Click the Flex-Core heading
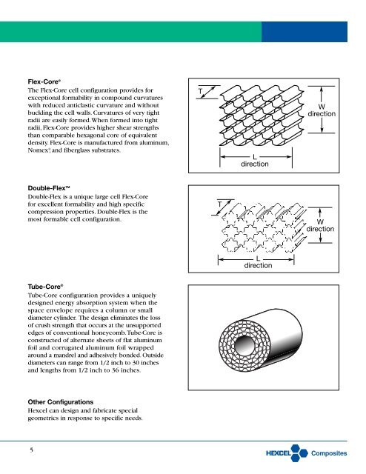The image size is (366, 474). (44, 81)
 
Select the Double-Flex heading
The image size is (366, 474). (49, 188)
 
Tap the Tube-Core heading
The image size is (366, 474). (45, 287)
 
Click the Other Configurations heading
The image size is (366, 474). (61, 402)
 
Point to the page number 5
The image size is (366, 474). (31, 450)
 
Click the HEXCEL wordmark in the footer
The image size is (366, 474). (279, 453)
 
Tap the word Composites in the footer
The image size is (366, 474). (329, 453)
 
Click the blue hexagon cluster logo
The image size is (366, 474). (299, 453)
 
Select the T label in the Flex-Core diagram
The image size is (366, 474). (200, 91)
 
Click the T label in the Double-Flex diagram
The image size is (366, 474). (220, 204)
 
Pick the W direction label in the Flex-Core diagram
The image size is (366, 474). (322, 110)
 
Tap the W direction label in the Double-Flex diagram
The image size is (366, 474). (320, 225)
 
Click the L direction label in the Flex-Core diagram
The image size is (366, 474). (255, 161)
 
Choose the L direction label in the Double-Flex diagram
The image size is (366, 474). (258, 262)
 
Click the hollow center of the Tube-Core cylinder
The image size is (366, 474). (245, 344)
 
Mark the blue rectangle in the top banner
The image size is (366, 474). (305, 32)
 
